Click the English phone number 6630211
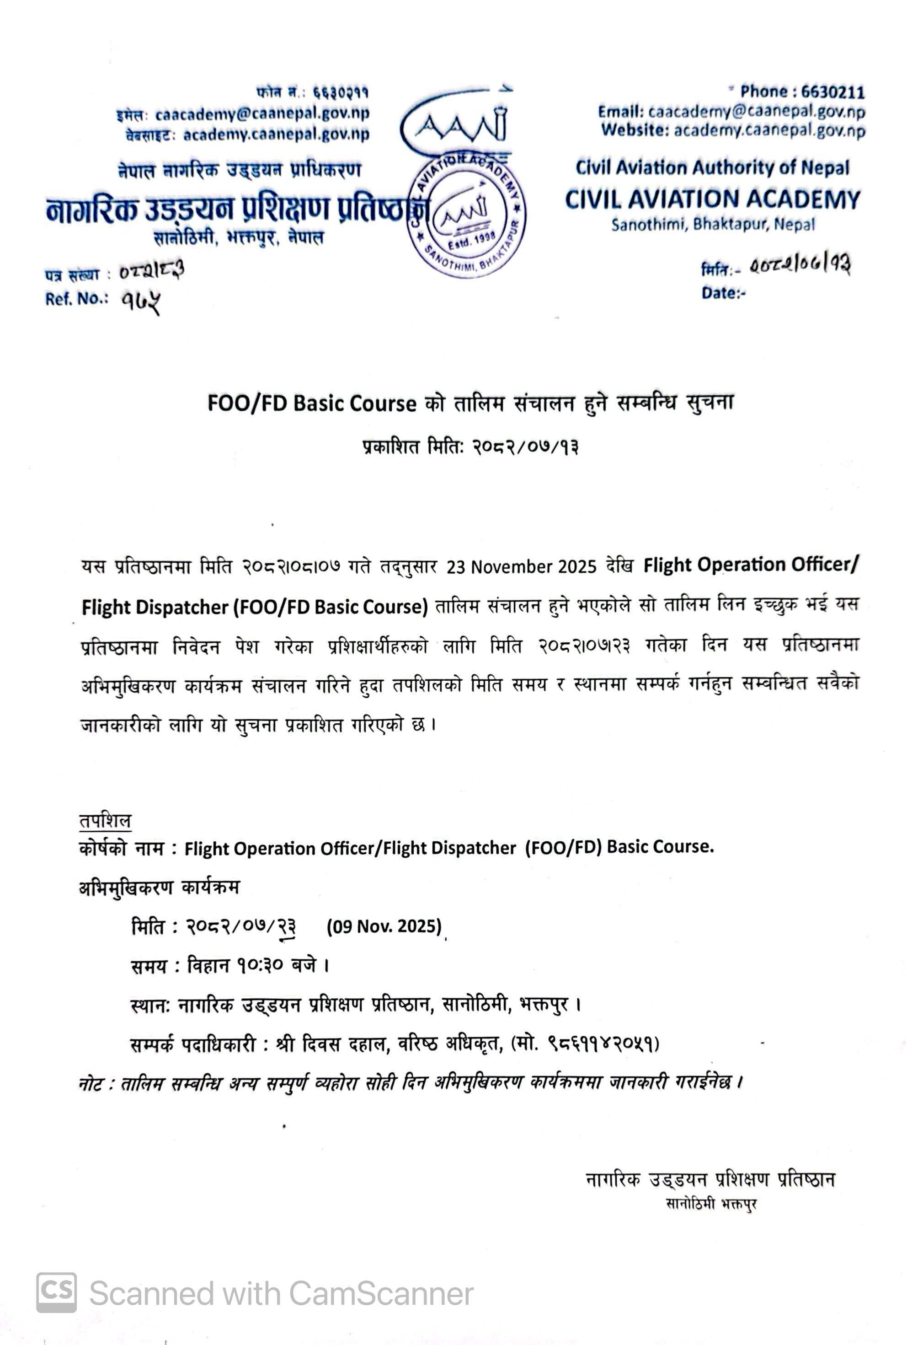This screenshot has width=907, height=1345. click(832, 92)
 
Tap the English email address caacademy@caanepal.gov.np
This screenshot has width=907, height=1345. click(756, 111)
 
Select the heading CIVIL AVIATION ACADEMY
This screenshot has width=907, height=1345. click(712, 199)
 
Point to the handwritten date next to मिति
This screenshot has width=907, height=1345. click(800, 266)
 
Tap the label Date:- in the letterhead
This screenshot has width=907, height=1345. click(723, 293)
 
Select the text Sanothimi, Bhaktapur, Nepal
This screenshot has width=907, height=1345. click(713, 225)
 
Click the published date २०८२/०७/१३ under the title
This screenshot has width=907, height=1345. click(525, 447)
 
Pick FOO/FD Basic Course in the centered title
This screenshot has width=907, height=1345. click(312, 403)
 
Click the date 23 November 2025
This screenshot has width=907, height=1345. click(521, 566)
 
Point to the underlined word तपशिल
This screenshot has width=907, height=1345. click(105, 820)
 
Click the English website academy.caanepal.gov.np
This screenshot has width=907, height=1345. click(769, 131)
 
